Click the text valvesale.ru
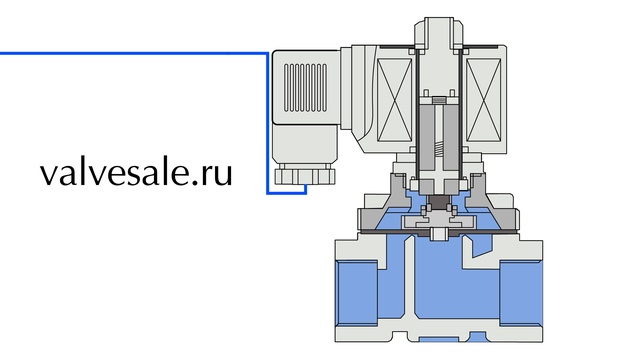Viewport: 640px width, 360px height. pyautogui.click(x=136, y=173)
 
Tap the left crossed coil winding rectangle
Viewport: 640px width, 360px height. pyautogui.click(x=395, y=100)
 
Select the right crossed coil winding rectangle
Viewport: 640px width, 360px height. pyautogui.click(x=483, y=100)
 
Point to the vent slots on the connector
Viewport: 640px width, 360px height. pyautogui.click(x=305, y=88)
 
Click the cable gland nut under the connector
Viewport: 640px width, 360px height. pyautogui.click(x=305, y=176)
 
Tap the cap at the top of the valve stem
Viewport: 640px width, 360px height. pyautogui.click(x=439, y=32)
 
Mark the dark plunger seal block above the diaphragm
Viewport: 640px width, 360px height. pyautogui.click(x=439, y=201)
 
